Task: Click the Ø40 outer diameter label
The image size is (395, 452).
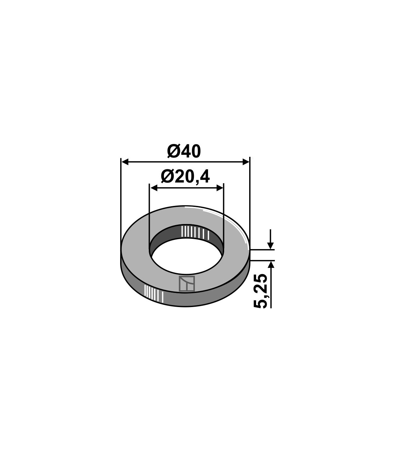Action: pyautogui.click(x=184, y=152)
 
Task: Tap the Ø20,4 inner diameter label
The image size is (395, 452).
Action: pyautogui.click(x=185, y=177)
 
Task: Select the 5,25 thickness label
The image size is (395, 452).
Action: pyautogui.click(x=261, y=291)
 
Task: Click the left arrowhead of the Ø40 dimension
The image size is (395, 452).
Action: pyautogui.click(x=125, y=162)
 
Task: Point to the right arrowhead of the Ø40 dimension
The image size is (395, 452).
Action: pyautogui.click(x=246, y=162)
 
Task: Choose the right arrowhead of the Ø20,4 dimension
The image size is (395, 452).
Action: pyautogui.click(x=220, y=188)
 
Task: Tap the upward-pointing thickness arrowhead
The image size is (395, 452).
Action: pyautogui.click(x=271, y=265)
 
